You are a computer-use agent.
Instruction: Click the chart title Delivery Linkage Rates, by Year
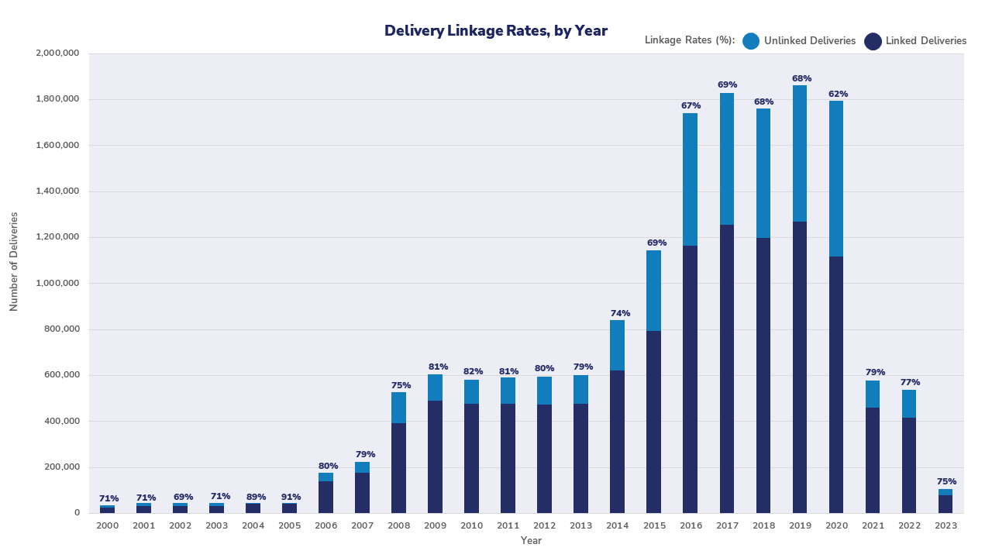coord(496,31)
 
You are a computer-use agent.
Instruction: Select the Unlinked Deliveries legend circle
coord(750,41)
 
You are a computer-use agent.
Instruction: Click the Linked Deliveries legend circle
coord(873,41)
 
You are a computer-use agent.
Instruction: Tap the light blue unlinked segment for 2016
coord(690,179)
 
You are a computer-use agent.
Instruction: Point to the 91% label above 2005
coord(290,497)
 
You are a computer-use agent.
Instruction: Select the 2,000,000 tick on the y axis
coord(57,53)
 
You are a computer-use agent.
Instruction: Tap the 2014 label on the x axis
coord(617,525)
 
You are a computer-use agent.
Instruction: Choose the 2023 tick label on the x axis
coord(945,525)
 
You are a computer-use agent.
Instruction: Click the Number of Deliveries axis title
coord(14,261)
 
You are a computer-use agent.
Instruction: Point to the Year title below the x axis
coord(531,540)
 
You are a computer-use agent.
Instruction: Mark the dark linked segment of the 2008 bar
coord(398,467)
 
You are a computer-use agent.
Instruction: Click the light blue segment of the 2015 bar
coord(653,291)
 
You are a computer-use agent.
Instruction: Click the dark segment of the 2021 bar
coord(872,460)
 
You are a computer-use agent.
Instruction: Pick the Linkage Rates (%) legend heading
coord(689,41)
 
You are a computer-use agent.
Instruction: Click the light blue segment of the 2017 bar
coord(726,159)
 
